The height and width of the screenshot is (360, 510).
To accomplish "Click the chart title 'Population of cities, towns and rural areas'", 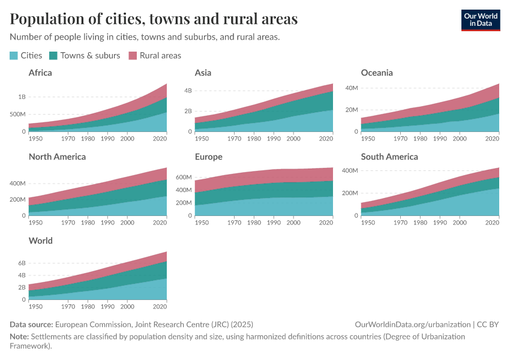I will click(154, 19).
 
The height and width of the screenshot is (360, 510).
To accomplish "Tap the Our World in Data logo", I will click(481, 20).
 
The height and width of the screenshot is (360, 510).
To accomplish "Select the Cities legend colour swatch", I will click(14, 56).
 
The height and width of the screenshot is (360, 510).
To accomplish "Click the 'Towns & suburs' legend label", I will click(90, 55).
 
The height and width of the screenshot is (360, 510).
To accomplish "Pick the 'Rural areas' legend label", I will click(160, 55).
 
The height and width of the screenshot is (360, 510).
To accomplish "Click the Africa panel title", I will click(40, 73).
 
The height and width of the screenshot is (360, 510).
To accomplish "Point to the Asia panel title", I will click(203, 73).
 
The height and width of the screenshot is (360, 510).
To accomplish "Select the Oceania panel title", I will click(377, 73).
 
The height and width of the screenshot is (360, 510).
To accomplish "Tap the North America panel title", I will click(57, 157).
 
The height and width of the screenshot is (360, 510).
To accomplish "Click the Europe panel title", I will click(208, 157).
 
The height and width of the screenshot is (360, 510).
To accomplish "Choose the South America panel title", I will click(389, 157).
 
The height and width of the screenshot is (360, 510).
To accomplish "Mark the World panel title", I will click(41, 241).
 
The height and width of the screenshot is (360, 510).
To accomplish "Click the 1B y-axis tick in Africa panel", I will click(22, 97).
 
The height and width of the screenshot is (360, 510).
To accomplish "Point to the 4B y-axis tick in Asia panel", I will click(188, 91).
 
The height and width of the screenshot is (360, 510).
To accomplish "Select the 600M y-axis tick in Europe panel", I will click(183, 178).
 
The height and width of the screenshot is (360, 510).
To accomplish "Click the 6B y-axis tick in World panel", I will click(22, 263).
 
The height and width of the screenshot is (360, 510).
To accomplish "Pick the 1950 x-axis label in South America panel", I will click(368, 222).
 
